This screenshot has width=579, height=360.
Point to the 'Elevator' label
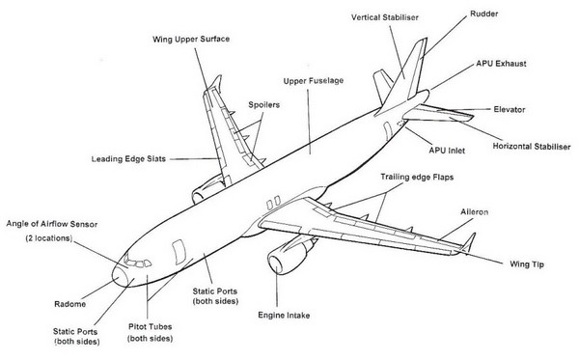[515, 109]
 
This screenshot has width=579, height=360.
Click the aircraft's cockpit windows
[138, 261]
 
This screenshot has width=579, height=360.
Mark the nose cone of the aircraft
[118, 274]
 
